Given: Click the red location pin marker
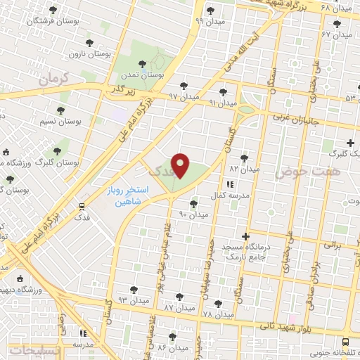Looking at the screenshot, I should (x=181, y=165).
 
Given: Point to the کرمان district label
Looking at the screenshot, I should (x=56, y=79).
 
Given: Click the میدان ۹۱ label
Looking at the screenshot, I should (x=222, y=103).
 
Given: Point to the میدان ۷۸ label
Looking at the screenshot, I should (x=217, y=314).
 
